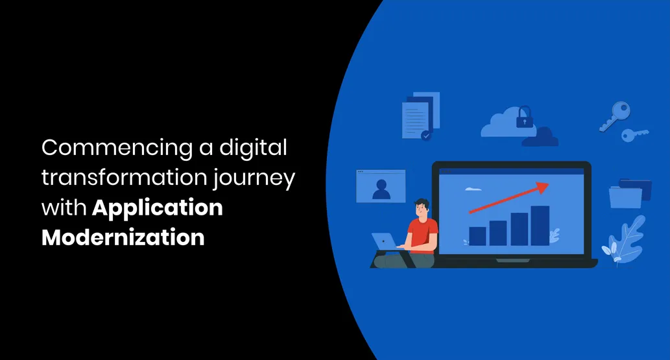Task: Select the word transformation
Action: pos(125,177)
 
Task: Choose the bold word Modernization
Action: pos(123,237)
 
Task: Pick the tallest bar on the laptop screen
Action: pos(540,226)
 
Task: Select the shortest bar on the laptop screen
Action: pos(477,236)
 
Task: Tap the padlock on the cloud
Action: pos(524,117)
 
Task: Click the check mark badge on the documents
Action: pos(426,136)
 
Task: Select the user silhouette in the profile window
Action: pos(381,189)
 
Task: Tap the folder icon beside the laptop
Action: pos(630,193)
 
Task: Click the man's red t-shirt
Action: pos(422,236)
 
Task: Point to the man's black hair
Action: pos(422,204)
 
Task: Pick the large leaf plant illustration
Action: pos(625,240)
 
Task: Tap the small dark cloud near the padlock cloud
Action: pos(540,138)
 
